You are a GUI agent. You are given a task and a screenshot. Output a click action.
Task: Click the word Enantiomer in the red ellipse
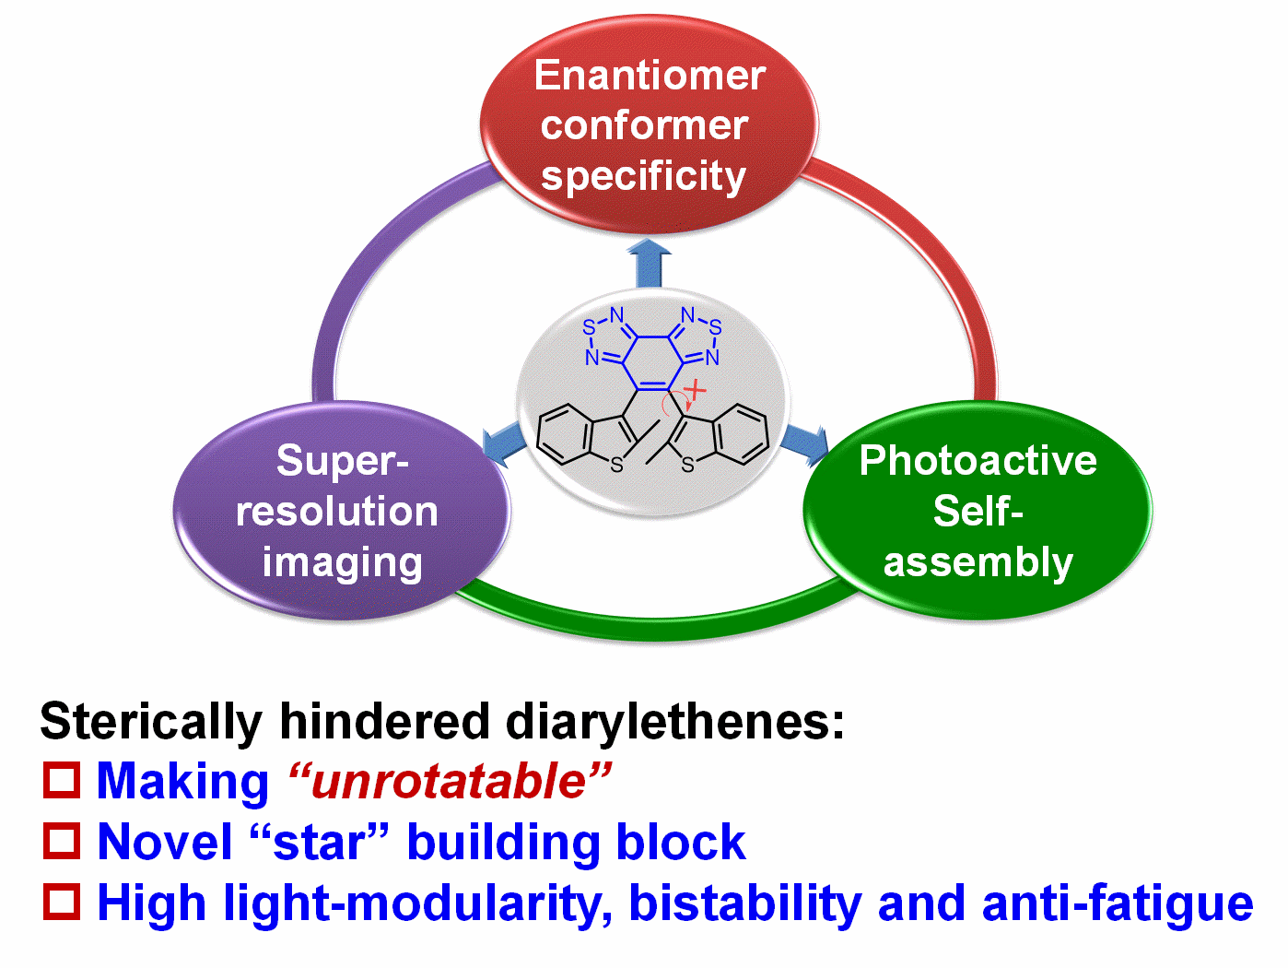pyautogui.click(x=650, y=76)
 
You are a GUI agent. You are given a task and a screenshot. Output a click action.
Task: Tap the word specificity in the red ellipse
pyautogui.click(x=643, y=176)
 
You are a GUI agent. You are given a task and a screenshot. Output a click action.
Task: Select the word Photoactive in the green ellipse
pyautogui.click(x=978, y=460)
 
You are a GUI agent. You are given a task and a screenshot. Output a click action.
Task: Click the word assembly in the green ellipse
pyautogui.click(x=978, y=561)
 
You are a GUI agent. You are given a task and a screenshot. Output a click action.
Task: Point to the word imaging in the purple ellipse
pyautogui.click(x=342, y=562)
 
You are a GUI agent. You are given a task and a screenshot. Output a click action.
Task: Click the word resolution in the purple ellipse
pyautogui.click(x=336, y=511)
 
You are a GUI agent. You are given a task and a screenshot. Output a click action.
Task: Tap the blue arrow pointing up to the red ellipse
pyautogui.click(x=650, y=264)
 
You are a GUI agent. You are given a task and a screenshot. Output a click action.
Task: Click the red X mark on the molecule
pyautogui.click(x=695, y=391)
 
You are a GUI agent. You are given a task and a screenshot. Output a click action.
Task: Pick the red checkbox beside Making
pyautogui.click(x=62, y=780)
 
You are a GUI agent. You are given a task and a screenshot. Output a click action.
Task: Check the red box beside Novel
pyautogui.click(x=62, y=841)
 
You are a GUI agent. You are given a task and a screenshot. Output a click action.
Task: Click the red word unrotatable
pyautogui.click(x=449, y=781)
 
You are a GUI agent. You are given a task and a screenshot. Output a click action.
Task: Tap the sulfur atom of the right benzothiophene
pyautogui.click(x=687, y=466)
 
